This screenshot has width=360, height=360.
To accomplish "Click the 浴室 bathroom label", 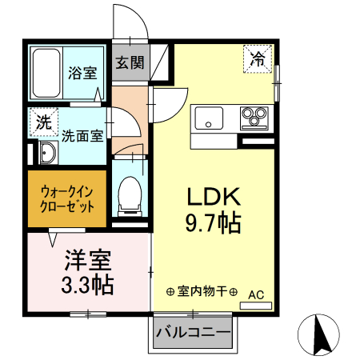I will tap(82, 73).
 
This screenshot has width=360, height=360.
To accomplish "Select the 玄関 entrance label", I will tap(130, 62).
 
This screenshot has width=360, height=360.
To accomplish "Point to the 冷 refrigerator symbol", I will tap(258, 58).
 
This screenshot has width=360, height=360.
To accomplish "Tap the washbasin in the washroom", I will tap(46, 154).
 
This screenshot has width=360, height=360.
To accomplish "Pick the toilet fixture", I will tap(128, 193).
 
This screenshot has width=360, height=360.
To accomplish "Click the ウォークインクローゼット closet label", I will tap(67, 197).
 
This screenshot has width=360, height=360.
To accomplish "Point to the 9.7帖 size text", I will tap(214, 223).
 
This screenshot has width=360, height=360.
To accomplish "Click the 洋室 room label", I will tap(88, 260).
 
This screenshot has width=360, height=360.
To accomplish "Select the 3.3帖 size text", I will tap(88, 284).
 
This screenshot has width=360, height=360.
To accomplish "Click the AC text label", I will tap(256, 294).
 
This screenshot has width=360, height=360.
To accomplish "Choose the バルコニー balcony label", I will tap(193, 332).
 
